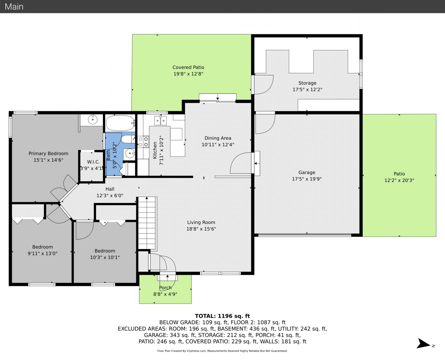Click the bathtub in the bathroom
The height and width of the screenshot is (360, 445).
120,123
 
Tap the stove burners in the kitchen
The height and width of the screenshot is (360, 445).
143,142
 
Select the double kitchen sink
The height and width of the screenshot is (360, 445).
160,121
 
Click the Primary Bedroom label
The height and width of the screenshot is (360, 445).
48,153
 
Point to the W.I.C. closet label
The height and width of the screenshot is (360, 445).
93,162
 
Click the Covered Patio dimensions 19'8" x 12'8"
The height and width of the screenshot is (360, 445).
188,74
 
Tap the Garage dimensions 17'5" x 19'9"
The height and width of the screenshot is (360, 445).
307,179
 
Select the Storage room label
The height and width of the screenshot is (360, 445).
307,83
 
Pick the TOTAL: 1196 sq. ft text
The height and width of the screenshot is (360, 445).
222,316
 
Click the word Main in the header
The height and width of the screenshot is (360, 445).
14,7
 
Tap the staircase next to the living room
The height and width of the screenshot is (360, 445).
147,223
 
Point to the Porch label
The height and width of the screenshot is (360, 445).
165,288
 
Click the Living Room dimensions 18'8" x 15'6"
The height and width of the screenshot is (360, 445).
201,229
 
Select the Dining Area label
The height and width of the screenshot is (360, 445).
218,138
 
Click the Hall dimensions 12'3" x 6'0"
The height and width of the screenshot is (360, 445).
110,196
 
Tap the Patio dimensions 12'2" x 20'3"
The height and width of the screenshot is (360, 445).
399,180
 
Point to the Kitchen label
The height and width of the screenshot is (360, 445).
155,150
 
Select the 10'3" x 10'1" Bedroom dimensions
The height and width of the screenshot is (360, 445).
105,257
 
